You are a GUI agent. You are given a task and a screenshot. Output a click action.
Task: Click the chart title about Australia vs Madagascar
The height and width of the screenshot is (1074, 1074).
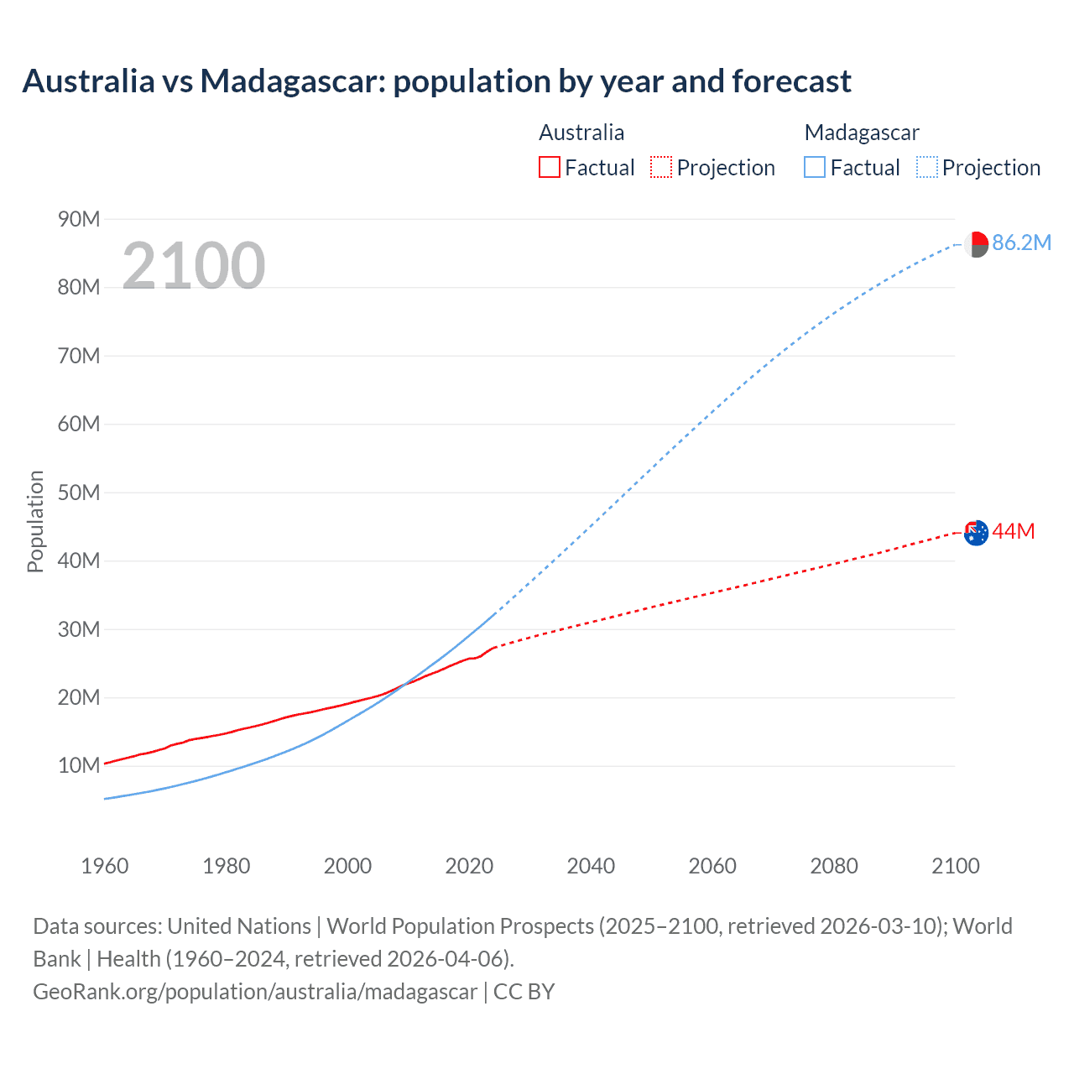pos(436,81)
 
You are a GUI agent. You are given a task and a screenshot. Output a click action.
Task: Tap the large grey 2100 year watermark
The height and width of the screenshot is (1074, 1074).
pos(194,266)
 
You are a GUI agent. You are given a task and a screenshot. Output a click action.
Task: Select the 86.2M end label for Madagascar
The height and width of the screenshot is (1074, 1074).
pos(1021,243)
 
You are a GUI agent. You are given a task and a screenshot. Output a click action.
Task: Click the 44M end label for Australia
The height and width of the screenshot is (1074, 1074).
pos(1013,532)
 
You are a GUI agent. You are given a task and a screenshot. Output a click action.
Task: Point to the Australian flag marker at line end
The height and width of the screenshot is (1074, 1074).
pos(976,533)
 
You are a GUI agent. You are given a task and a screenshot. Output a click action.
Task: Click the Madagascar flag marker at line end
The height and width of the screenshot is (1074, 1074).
pos(976,244)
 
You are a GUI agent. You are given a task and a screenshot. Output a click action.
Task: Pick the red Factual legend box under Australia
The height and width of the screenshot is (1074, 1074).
pos(550,168)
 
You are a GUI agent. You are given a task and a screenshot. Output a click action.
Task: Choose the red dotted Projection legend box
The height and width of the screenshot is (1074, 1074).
pos(661,168)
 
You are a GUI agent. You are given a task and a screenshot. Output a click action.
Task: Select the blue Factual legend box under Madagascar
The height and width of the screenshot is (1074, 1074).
pos(815,168)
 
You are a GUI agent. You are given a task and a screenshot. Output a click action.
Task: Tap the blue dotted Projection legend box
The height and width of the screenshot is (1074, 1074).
pos(927,168)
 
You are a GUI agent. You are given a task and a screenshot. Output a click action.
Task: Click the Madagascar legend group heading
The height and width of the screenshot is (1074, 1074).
pos(862,133)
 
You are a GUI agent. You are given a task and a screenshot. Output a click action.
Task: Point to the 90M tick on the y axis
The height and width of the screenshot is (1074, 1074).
pos(79,220)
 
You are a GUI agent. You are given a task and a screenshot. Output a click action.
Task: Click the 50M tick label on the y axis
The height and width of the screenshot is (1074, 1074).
pos(79,493)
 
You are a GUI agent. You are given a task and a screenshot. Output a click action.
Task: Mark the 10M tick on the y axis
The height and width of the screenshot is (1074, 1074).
pos(79,765)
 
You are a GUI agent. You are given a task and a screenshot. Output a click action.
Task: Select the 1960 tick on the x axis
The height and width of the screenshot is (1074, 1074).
pos(105,866)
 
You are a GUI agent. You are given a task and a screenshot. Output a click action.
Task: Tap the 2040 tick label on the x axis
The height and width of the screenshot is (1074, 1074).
pos(591,866)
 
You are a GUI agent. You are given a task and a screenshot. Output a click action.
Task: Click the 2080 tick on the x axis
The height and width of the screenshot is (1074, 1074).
pos(834,866)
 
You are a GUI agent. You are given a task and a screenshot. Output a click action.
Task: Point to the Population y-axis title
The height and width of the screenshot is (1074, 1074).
pos(35,521)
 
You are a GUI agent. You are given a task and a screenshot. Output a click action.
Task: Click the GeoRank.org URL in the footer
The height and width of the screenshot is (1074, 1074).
pos(255,992)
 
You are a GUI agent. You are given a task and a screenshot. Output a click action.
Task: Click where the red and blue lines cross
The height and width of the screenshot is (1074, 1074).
pos(404,686)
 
